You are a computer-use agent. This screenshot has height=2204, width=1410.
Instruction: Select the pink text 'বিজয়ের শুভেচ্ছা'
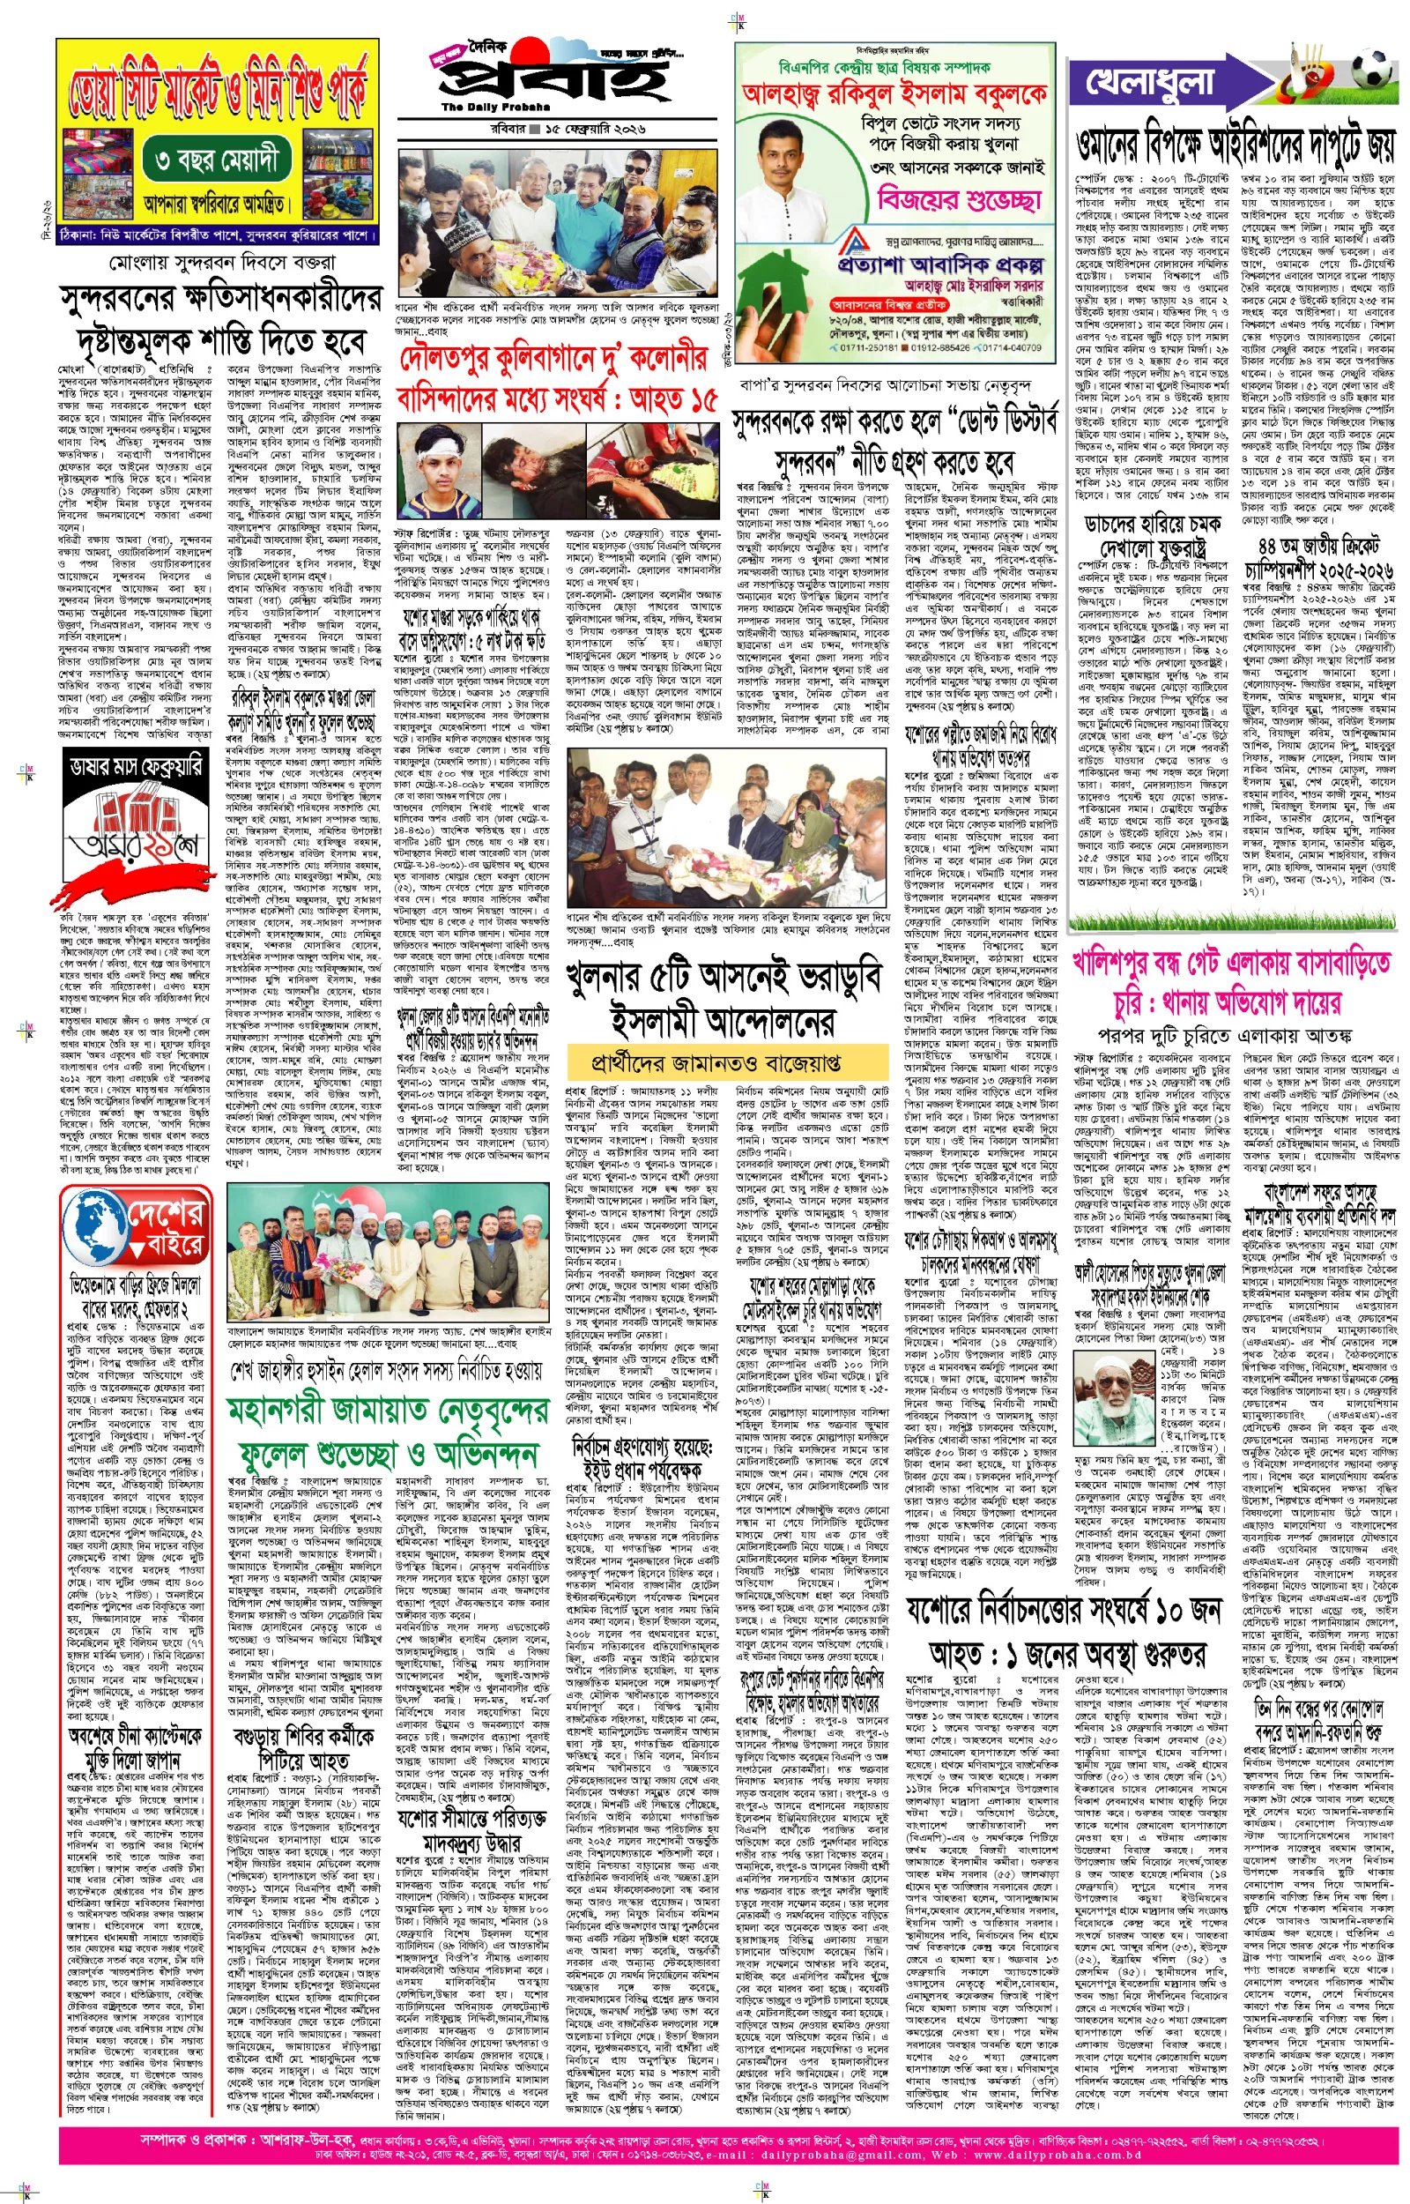point(960,198)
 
